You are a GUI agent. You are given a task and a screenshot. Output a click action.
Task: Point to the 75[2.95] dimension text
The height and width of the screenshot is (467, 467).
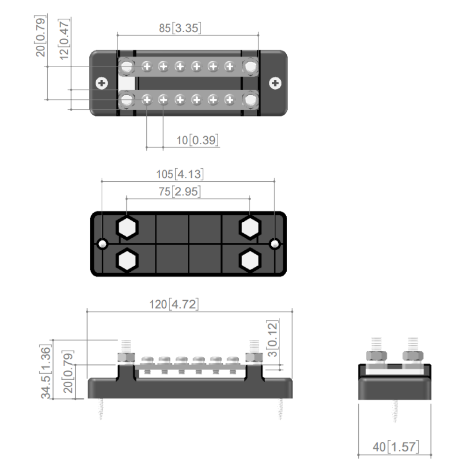tap(186, 191)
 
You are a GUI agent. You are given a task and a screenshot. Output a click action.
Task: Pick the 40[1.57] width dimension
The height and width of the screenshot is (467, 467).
tap(396, 447)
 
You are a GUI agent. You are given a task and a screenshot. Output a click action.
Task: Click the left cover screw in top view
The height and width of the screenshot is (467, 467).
tap(101, 84)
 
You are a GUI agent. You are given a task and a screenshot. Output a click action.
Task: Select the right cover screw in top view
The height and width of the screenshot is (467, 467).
tap(276, 84)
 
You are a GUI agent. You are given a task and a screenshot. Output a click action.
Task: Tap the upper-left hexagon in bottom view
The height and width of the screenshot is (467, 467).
tap(127, 227)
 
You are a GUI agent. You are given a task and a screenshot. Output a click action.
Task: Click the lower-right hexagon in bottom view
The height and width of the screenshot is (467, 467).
tap(250, 260)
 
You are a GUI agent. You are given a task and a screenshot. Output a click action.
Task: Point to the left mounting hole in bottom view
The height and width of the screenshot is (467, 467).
tap(103, 244)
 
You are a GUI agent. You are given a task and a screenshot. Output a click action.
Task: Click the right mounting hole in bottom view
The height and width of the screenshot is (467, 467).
tap(276, 244)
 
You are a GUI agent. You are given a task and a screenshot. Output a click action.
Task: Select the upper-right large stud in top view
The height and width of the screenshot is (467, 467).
tap(251, 67)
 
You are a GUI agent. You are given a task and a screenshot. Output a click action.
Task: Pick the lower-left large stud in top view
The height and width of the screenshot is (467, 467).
tap(126, 99)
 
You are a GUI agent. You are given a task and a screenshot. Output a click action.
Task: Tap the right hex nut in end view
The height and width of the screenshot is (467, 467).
tap(412, 356)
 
